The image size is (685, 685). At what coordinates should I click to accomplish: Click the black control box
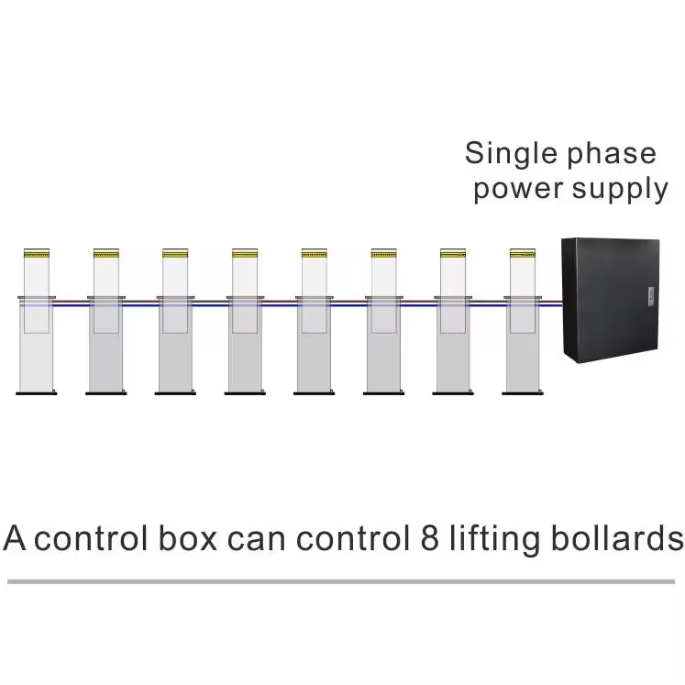pos(611,300)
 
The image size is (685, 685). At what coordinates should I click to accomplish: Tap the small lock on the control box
pos(651,296)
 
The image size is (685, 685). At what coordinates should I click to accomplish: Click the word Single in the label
pos(511,154)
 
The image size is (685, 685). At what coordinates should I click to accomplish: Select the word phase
pos(612,154)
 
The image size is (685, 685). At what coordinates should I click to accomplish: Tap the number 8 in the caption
pos(429,537)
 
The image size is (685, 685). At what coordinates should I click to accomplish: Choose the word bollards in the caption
pos(617,537)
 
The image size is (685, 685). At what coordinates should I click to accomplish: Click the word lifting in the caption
pos(494,539)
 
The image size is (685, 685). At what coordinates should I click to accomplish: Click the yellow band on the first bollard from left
pos(37,253)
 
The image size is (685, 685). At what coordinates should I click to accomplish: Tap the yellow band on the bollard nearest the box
pos(523,253)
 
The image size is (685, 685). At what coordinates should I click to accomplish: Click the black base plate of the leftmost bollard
pos(37,393)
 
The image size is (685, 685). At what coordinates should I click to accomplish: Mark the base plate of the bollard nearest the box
pos(523,393)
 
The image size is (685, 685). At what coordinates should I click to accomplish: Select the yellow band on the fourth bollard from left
pos(245,253)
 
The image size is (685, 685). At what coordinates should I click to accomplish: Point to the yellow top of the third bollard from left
pos(175,253)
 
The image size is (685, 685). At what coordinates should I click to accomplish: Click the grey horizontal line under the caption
pos(341,581)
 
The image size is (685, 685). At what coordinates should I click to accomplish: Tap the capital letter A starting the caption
pos(15,537)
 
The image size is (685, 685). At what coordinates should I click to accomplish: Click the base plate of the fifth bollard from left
pos(315,393)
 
